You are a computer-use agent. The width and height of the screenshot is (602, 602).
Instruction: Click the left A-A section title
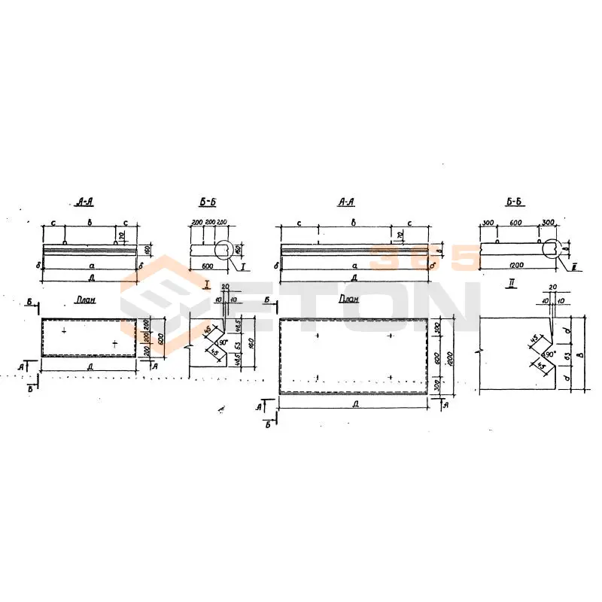pyautogui.click(x=84, y=202)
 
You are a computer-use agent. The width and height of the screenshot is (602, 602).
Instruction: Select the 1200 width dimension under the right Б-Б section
pyautogui.click(x=516, y=266)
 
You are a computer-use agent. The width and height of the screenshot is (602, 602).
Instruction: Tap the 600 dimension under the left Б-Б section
pyautogui.click(x=207, y=266)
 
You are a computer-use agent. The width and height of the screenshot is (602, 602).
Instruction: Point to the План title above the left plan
pyautogui.click(x=86, y=299)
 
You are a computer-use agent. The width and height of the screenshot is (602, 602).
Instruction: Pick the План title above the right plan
pyautogui.click(x=348, y=299)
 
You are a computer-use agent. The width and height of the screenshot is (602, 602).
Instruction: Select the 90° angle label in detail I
pyautogui.click(x=223, y=341)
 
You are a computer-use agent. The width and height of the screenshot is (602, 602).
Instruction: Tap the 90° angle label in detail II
pyautogui.click(x=551, y=354)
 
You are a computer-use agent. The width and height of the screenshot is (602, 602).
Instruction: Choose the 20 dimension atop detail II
pyautogui.click(x=553, y=287)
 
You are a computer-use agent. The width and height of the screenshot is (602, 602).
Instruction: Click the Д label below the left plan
pyautogui.click(x=90, y=367)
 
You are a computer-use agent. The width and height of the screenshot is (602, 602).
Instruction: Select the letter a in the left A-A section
pyautogui.click(x=90, y=266)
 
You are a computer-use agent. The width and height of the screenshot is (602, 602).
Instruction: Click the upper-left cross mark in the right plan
pyautogui.click(x=318, y=335)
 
